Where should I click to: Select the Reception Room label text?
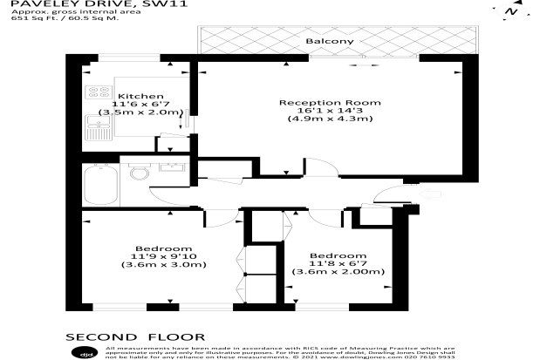coord(330,103)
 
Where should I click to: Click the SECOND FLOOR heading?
coord(136,336)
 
